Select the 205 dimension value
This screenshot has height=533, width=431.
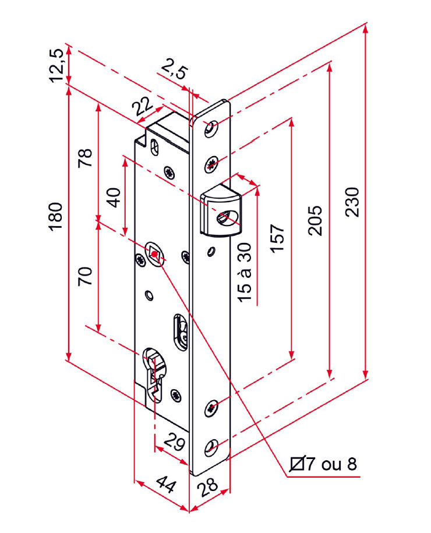pos(315,220)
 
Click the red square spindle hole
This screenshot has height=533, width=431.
pos(155,254)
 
